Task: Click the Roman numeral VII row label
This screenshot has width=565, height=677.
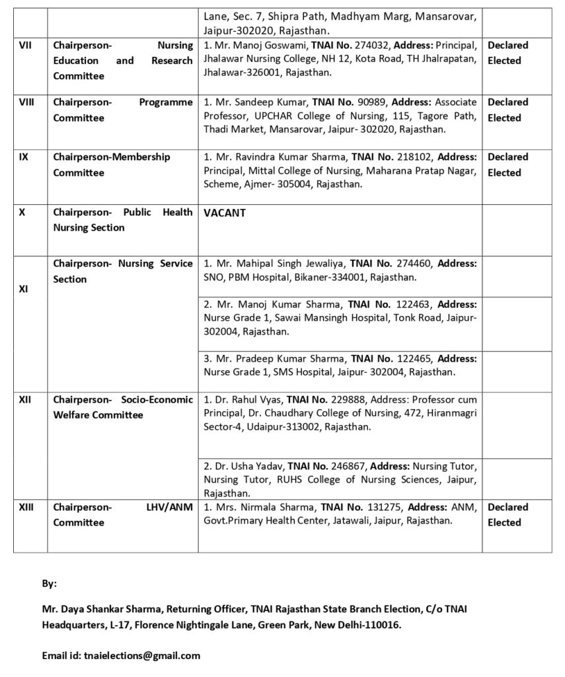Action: [24, 46]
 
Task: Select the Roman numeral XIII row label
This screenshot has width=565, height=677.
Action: [26, 507]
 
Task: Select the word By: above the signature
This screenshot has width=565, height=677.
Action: [50, 584]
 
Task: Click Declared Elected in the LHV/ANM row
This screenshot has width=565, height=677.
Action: [508, 514]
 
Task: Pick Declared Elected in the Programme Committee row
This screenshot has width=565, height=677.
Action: [508, 110]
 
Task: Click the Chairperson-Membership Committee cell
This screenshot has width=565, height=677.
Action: [112, 165]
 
